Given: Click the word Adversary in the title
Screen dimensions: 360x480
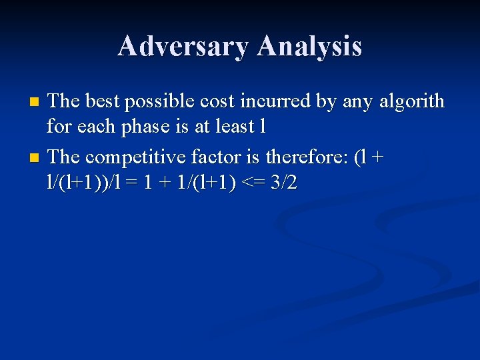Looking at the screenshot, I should pyautogui.click(x=183, y=46).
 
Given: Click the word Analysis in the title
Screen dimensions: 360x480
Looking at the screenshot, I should pyautogui.click(x=309, y=46).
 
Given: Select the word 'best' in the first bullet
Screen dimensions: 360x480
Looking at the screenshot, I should pyautogui.click(x=103, y=101).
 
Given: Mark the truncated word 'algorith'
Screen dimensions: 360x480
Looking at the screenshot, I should pyautogui.click(x=405, y=101).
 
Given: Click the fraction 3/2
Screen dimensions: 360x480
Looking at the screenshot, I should pyautogui.click(x=283, y=183).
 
